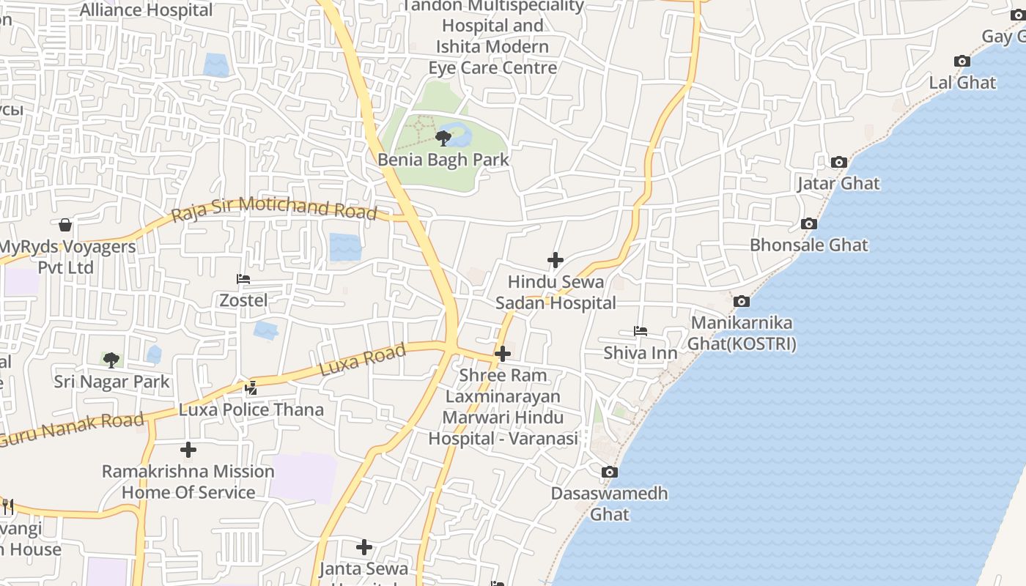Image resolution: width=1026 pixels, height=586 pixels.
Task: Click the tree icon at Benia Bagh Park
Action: tap(443, 138)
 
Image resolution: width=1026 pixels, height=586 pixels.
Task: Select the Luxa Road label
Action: tap(363, 360)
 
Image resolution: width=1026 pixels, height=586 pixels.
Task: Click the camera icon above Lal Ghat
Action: tap(962, 62)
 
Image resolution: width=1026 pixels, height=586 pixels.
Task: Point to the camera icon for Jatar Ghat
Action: tap(839, 162)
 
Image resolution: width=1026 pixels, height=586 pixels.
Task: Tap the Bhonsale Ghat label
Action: tap(808, 245)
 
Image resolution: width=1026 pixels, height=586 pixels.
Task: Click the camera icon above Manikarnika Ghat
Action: tap(742, 301)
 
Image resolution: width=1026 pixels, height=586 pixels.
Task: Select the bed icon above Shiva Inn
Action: tap(641, 331)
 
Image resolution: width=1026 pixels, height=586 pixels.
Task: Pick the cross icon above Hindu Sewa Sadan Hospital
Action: tap(556, 260)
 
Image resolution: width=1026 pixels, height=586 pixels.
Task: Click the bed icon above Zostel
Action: tap(243, 279)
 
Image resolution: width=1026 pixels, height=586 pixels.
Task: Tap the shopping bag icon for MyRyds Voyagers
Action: tap(65, 225)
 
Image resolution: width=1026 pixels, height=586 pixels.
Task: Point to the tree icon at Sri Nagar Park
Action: tap(111, 360)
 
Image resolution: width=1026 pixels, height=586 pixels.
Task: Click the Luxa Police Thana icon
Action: tap(251, 387)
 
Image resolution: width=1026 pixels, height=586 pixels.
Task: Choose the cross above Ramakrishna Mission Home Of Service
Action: tap(188, 449)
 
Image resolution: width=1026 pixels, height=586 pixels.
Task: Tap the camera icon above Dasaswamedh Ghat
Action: tap(610, 472)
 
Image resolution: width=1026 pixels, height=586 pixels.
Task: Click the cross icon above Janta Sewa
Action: tap(364, 547)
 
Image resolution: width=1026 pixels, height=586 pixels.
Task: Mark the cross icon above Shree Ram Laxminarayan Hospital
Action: tap(503, 354)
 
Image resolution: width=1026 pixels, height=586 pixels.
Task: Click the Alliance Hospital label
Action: tap(146, 10)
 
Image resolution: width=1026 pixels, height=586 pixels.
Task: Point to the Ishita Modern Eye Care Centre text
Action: tap(492, 57)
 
